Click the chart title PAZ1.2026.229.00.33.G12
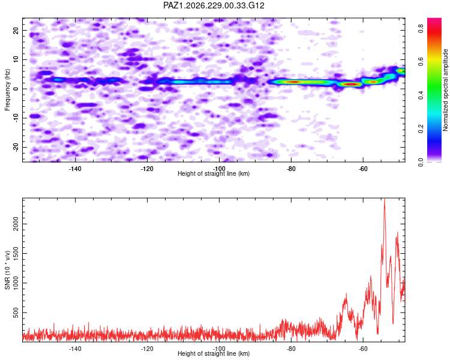(x=214, y=5)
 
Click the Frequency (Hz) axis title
(x=7, y=90)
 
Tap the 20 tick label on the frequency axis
(x=16, y=30)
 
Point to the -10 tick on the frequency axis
(x=16, y=118)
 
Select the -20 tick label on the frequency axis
(x=16, y=147)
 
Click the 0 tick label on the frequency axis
(x=16, y=89)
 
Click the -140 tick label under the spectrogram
(x=75, y=169)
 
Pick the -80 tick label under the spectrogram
(x=291, y=169)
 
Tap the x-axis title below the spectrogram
(x=214, y=173)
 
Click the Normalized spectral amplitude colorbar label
(x=445, y=90)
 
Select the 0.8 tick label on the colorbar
(x=421, y=28)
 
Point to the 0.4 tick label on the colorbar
(x=421, y=95)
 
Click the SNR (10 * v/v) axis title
(x=7, y=270)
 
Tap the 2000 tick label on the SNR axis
(x=16, y=224)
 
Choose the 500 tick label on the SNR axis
(x=16, y=313)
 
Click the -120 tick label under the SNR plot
(x=147, y=349)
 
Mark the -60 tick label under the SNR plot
(x=363, y=349)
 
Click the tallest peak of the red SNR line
(x=384, y=199)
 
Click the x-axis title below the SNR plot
(x=214, y=353)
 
